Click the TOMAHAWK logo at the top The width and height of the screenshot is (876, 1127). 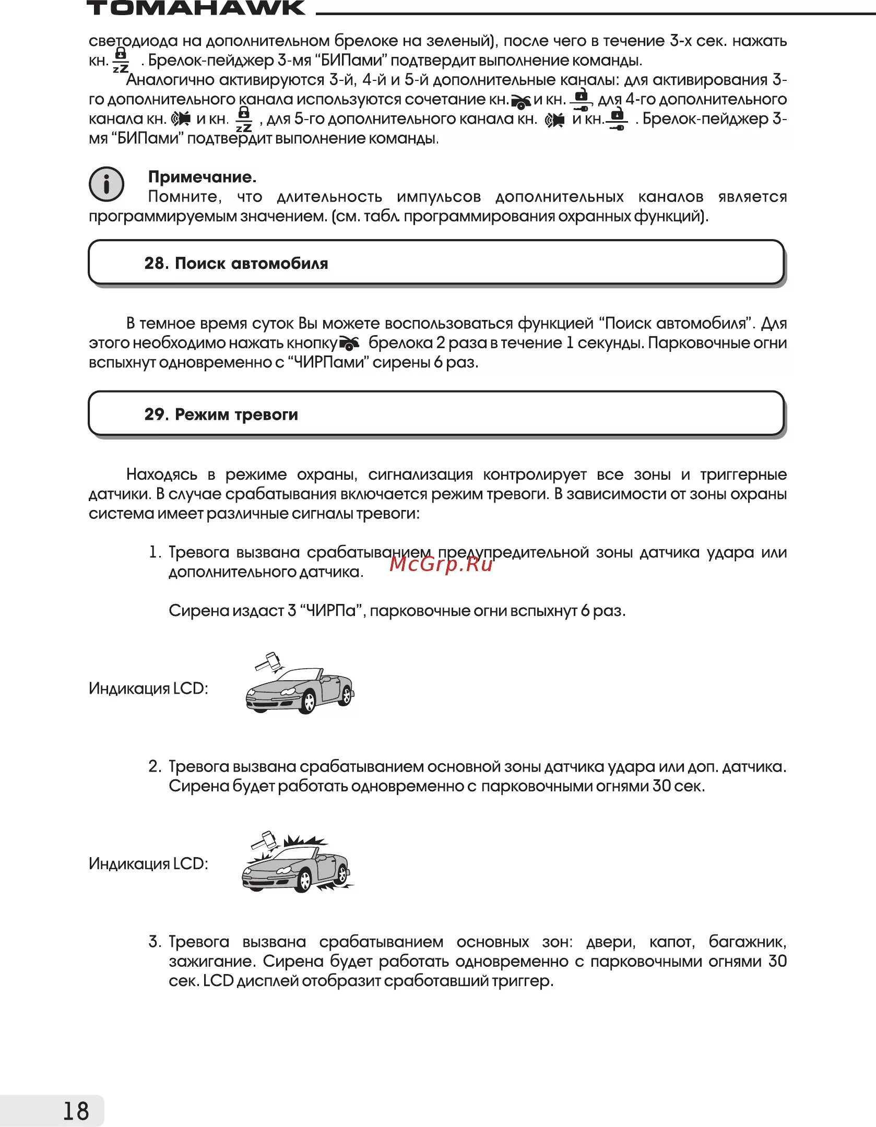pos(196,8)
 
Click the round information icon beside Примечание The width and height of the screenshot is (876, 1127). pos(106,184)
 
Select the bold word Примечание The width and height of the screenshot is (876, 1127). pos(202,177)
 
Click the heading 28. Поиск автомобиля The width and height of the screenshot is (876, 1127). pos(236,263)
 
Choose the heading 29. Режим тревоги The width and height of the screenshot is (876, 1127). pos(221,414)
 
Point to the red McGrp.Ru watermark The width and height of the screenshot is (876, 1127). pos(441,564)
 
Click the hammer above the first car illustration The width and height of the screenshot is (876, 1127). pos(268,661)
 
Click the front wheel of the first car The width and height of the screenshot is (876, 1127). pos(306,701)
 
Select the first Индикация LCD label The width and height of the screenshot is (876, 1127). pos(148,689)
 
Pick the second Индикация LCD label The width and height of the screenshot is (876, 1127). pos(148,863)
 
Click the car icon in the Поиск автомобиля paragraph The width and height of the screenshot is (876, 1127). pos(349,343)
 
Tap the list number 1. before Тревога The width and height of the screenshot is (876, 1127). pos(155,552)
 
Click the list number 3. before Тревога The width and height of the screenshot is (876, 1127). pos(155,942)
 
